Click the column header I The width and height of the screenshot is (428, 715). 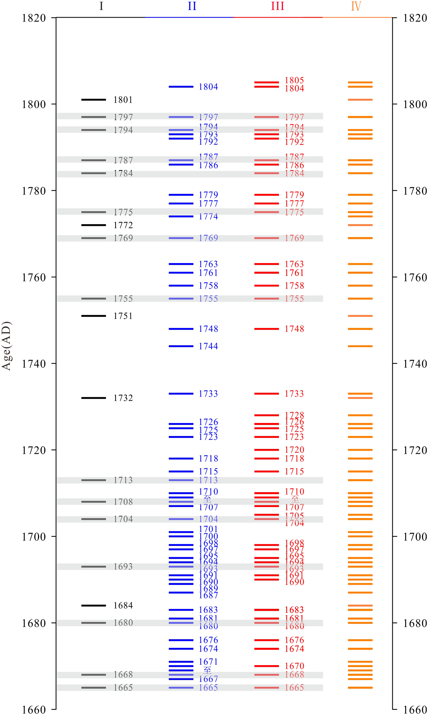[x=101, y=6]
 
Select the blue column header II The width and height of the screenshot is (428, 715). [x=192, y=6]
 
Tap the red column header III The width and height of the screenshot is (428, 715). [x=278, y=6]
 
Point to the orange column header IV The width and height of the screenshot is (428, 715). [x=356, y=6]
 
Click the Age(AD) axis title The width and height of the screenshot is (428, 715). [x=6, y=346]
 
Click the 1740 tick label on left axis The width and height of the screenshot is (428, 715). [x=34, y=364]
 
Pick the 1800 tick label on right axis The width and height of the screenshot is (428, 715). [x=415, y=104]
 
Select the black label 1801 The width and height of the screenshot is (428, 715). [x=123, y=100]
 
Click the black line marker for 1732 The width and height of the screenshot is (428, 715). [x=94, y=398]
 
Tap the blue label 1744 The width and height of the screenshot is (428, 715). [x=208, y=346]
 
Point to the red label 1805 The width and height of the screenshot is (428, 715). [x=294, y=80]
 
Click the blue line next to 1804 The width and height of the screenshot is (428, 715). [x=181, y=86]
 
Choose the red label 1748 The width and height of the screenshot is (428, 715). [x=294, y=329]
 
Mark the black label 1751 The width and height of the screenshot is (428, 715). [x=123, y=316]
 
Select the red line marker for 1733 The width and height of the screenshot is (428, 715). [x=266, y=394]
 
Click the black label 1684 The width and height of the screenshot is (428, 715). [x=123, y=605]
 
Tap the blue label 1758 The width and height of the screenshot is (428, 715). [x=208, y=286]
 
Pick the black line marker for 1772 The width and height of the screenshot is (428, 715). [x=94, y=225]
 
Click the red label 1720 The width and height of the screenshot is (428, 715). [x=294, y=450]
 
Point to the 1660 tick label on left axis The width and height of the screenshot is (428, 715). [x=34, y=710]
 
